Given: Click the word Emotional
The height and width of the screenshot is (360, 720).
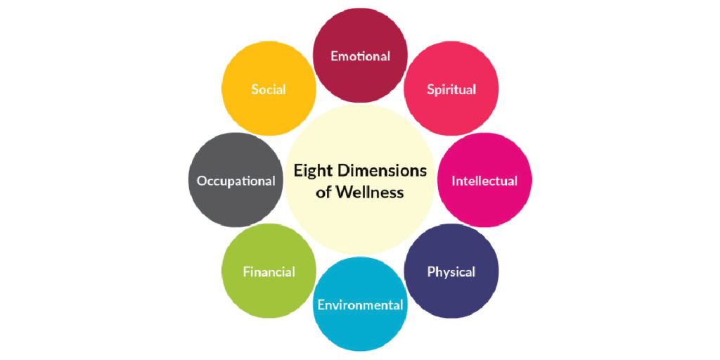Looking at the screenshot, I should [360, 56].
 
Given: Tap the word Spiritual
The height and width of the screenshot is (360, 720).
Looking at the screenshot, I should [451, 89].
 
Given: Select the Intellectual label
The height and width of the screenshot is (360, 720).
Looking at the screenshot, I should [484, 181].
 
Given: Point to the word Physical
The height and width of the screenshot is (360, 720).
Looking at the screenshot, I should [451, 272].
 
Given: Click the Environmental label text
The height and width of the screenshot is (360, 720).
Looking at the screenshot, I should [360, 305].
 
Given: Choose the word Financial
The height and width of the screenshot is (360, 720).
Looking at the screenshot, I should [269, 272].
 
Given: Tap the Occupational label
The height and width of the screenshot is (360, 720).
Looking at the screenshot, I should [236, 181].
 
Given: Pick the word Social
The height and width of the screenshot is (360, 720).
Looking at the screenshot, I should [269, 89].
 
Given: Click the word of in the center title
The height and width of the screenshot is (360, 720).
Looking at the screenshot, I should [323, 192].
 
